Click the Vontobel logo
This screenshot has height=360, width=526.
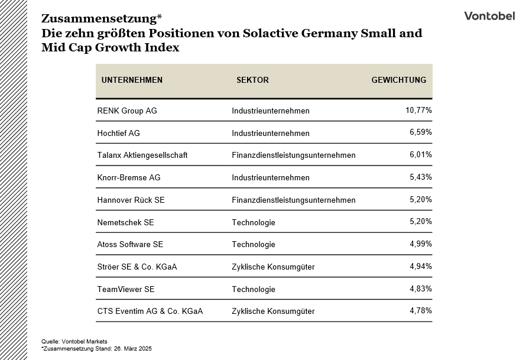point(489,16)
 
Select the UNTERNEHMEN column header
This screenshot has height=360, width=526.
point(132,80)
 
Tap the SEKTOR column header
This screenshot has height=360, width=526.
point(252,80)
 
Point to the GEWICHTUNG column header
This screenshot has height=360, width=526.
point(398,80)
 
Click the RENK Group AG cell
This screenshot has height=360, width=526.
point(127,111)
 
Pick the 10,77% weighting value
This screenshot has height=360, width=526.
point(418,110)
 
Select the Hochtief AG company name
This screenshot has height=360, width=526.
point(118,133)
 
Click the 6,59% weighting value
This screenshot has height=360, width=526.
point(421,132)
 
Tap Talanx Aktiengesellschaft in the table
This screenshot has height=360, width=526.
point(142,155)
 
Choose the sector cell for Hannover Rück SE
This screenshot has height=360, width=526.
point(294,200)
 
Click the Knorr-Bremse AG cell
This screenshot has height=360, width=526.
point(128,177)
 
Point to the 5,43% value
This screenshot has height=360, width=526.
point(421,177)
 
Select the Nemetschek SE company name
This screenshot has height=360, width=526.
point(125,222)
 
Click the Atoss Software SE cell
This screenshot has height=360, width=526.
point(130,244)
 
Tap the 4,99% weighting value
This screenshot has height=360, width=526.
point(421,244)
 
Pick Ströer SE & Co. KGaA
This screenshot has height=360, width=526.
point(137,267)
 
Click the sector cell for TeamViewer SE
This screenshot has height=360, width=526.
point(254,289)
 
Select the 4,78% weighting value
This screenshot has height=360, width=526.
point(421,310)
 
